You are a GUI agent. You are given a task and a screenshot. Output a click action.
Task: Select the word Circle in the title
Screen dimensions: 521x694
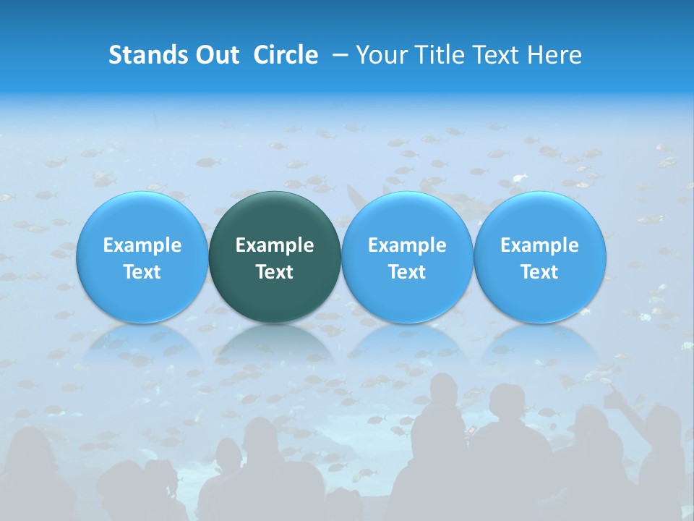coord(286,55)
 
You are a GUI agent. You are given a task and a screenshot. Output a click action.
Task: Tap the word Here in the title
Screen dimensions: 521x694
coord(556,55)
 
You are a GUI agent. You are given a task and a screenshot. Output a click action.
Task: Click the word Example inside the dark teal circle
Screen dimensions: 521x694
coord(275,245)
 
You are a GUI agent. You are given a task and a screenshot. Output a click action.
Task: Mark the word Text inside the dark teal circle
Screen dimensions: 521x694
coord(275,272)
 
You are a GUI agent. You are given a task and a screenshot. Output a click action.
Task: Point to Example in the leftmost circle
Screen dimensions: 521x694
coord(142,245)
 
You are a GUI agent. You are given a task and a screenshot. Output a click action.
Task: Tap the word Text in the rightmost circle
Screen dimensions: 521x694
coord(540,272)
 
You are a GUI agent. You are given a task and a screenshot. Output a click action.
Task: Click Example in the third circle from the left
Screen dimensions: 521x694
coord(407,245)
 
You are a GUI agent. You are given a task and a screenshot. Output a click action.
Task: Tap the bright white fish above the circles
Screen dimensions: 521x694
coord(520,178)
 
